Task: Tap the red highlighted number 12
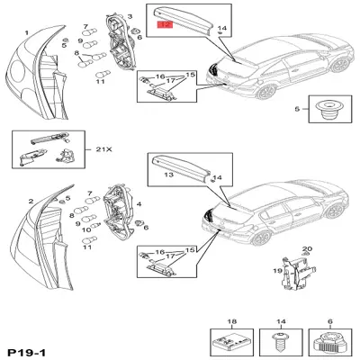point(164,27)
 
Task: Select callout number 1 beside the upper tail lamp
point(26,33)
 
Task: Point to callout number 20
point(307,247)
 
